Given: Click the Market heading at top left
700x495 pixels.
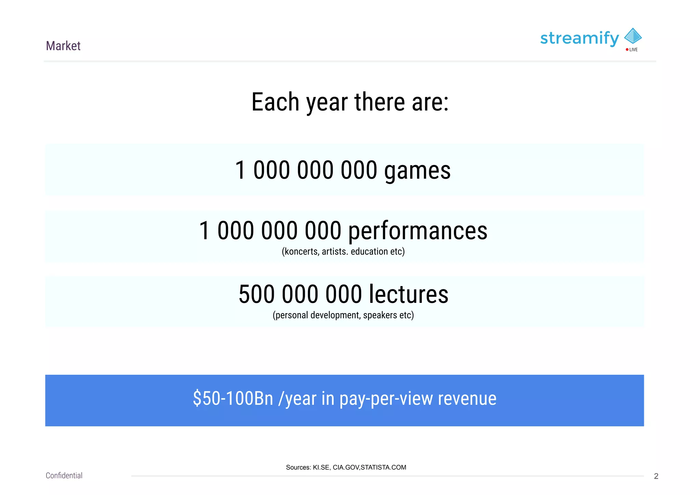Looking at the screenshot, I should coord(63,46).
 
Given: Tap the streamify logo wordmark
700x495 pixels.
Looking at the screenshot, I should coord(579,38).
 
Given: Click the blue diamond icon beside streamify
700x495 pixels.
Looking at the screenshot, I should coord(633,36).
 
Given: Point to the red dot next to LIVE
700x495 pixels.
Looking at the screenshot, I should coord(627,50).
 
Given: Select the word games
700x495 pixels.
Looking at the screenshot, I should coord(417,171).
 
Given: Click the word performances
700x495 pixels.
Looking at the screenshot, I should coord(418,231).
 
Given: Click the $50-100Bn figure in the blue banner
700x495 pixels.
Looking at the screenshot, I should coord(233,398).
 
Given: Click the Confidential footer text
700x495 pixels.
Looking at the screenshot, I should coord(64,476).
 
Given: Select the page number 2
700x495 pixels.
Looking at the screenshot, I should coord(656,476).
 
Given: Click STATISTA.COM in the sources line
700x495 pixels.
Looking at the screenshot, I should coord(383,467).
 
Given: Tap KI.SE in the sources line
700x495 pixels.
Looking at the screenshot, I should coord(321,467).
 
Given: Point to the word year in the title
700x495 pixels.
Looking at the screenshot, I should coord(327,103).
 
